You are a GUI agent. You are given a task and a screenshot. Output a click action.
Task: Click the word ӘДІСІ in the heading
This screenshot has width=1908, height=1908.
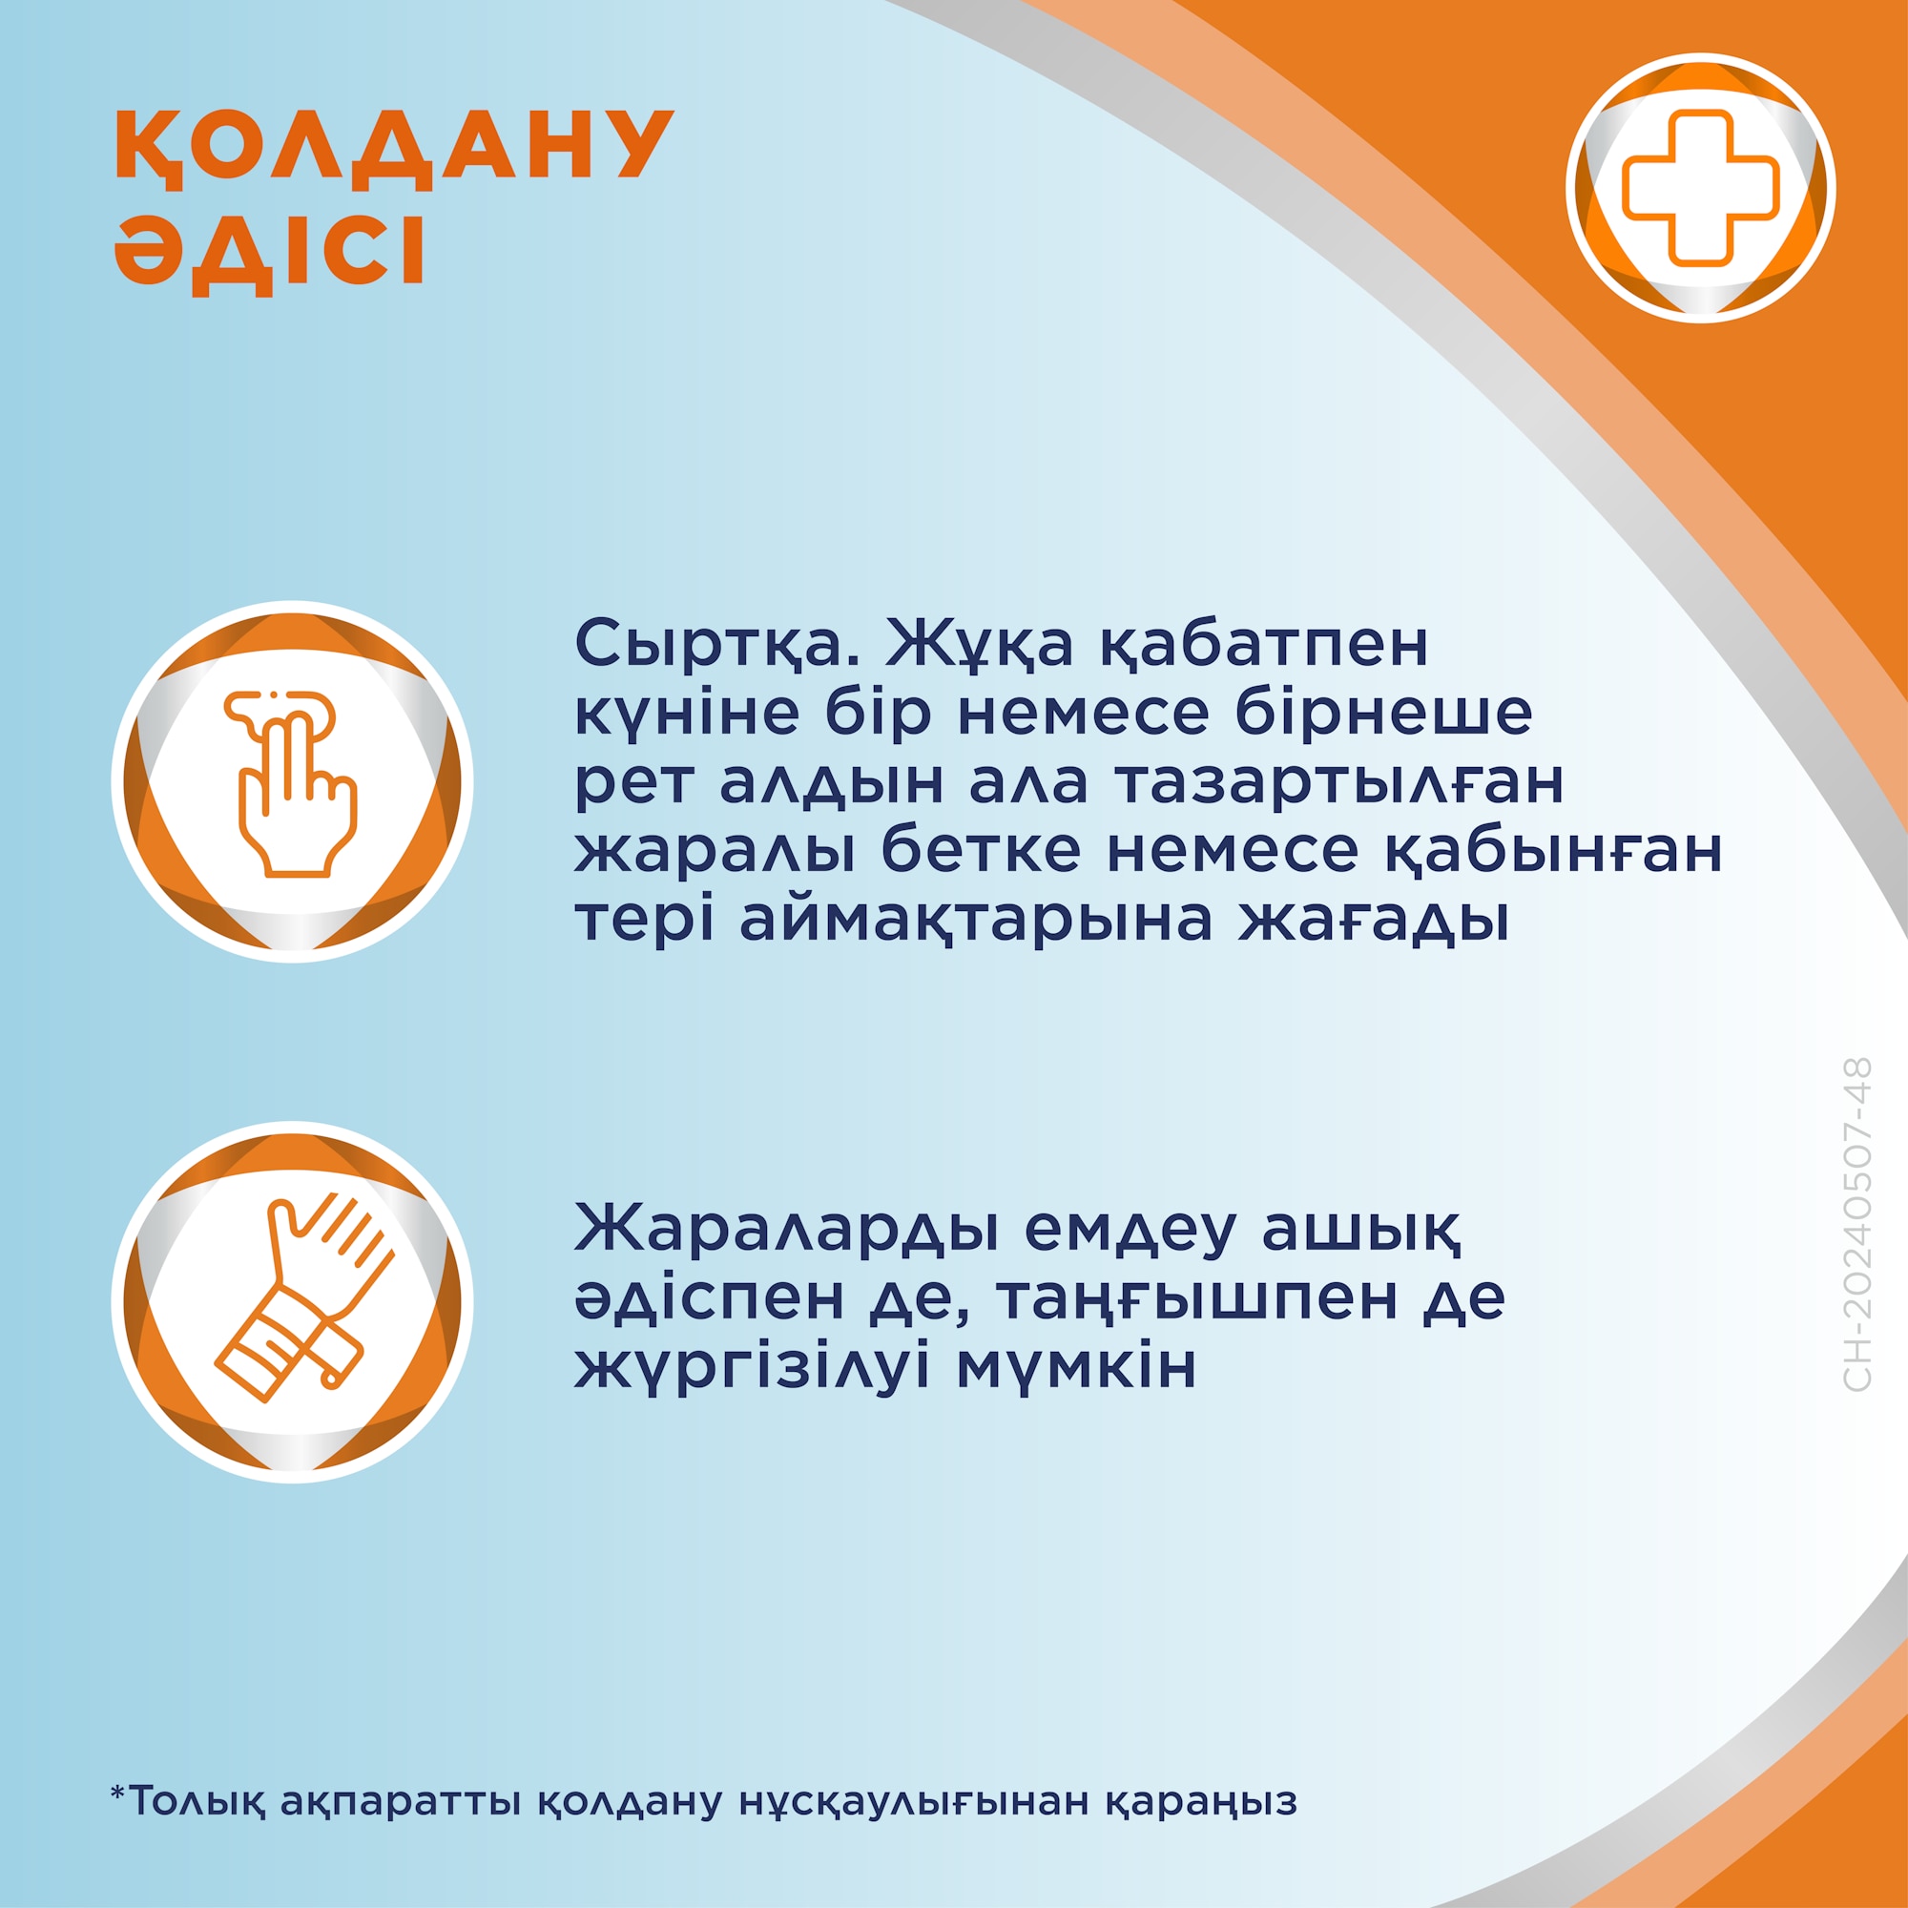tap(270, 253)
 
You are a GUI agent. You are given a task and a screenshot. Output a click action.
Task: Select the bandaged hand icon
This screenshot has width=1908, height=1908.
tap(292, 1300)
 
